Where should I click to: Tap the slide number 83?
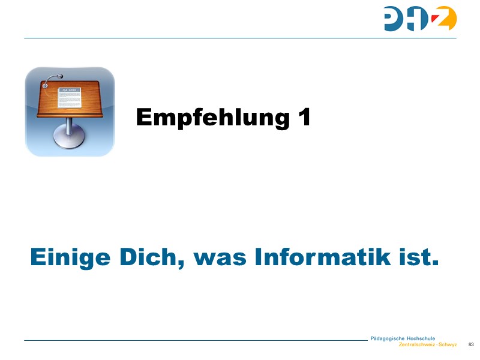click(x=470, y=344)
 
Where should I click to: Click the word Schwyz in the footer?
click(x=448, y=345)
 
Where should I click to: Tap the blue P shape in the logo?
click(x=394, y=19)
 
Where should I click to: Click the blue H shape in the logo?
click(x=418, y=19)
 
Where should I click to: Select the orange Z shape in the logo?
click(x=445, y=19)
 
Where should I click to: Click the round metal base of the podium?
click(x=70, y=140)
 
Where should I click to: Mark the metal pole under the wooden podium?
click(x=70, y=125)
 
